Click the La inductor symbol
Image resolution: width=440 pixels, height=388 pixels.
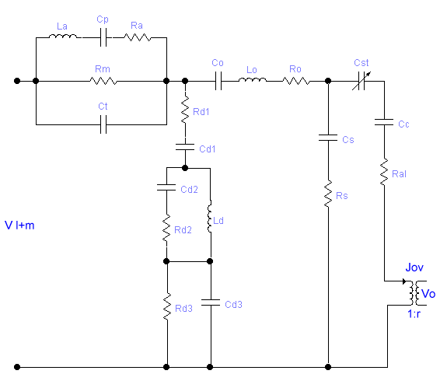[62, 37]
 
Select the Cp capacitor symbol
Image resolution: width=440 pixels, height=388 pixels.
[103, 37]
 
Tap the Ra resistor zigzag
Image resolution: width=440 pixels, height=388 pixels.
[138, 37]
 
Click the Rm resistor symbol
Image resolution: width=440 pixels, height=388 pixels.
[103, 81]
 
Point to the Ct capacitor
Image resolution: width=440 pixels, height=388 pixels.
[103, 124]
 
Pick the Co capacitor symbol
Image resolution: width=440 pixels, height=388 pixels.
[218, 81]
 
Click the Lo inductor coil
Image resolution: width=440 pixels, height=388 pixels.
[253, 80]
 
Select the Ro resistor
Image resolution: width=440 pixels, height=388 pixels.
[296, 81]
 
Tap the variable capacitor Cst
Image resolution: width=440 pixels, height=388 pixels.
[361, 81]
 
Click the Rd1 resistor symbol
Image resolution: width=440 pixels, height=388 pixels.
[185, 110]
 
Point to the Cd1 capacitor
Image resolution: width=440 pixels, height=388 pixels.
[185, 147]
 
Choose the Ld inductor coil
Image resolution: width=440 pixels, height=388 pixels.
[210, 216]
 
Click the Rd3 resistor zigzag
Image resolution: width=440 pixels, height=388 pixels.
[167, 306]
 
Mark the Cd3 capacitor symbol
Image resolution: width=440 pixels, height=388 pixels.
[211, 302]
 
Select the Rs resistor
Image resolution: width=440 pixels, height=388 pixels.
[328, 194]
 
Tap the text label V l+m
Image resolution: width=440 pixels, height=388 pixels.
[19, 225]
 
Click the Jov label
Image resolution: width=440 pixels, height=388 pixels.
[414, 267]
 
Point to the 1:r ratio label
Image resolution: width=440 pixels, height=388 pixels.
[414, 313]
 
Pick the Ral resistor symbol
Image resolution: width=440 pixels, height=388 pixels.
[384, 172]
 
